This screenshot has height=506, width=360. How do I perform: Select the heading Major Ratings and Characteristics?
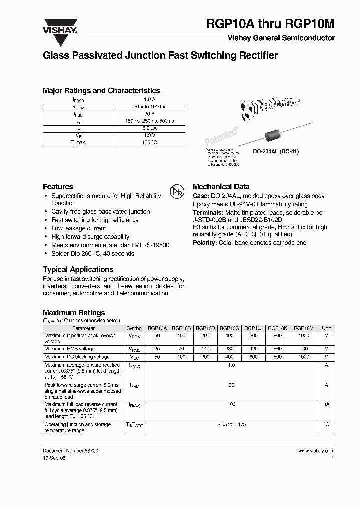tap(101, 91)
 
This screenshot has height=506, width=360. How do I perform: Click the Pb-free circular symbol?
tap(175, 192)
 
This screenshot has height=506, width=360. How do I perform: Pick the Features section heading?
tap(58, 186)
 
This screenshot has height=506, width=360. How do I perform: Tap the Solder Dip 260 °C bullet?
tap(93, 254)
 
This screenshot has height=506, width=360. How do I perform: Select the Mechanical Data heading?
tap(221, 186)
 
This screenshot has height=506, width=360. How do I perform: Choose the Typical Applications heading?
tap(77, 269)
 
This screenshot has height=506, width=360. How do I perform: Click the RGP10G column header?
tap(229, 328)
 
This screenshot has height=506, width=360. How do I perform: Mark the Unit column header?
tap(326, 328)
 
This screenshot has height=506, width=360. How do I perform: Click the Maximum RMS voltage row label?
tap(69, 349)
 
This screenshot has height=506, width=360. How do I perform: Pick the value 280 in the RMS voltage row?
tap(229, 349)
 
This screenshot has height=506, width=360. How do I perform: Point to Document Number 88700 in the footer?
tap(70, 451)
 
